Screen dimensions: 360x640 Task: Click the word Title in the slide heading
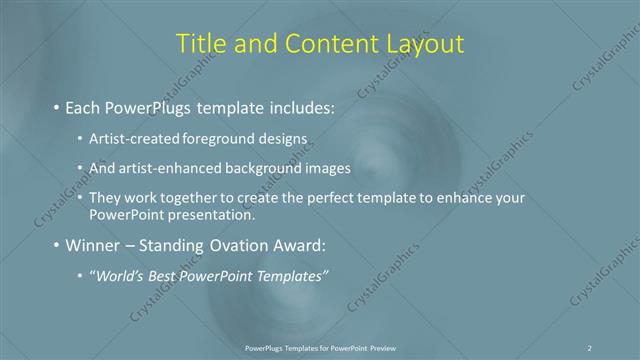[200, 44]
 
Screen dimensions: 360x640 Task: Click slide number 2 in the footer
[590, 348]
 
